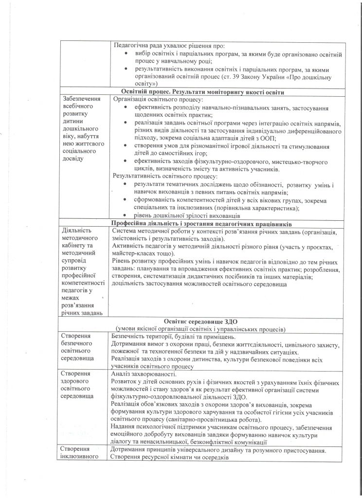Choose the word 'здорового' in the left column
(x=77, y=381)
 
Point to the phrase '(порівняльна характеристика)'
(x=260, y=208)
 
